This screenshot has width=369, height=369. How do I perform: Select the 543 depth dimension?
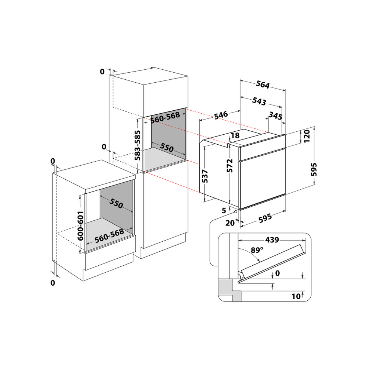[259, 101]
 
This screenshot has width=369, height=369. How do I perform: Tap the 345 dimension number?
[275, 116]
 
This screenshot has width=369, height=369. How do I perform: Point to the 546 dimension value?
[221, 114]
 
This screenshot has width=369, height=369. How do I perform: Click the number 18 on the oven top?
[235, 135]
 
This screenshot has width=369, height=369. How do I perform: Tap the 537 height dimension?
[206, 176]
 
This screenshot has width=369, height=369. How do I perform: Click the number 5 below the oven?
[224, 211]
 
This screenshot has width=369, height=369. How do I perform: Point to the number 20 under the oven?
[230, 223]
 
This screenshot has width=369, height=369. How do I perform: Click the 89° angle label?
[257, 250]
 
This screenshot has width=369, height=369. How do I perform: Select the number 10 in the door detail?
[296, 296]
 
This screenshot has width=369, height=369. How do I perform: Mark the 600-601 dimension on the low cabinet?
[80, 226]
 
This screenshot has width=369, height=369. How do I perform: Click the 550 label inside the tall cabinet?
[166, 148]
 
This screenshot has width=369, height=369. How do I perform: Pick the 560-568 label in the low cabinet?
[109, 236]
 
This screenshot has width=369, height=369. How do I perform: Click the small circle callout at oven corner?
[235, 212]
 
